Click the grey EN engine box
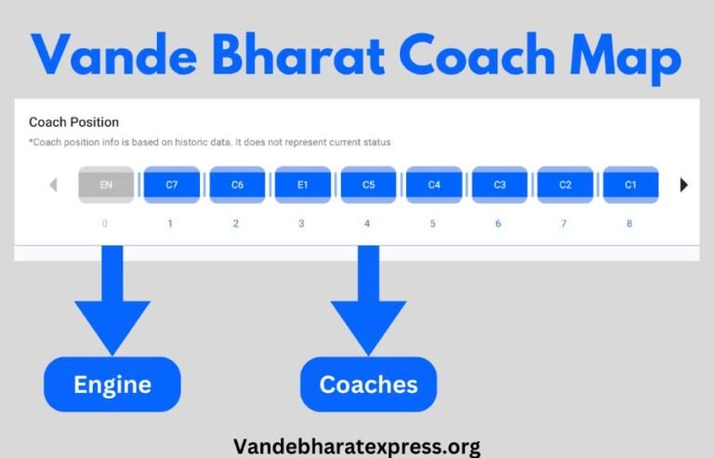coord(106,184)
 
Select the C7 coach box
coord(171,184)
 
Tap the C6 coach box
coord(237,184)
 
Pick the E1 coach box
coord(302,184)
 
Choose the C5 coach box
coord(368,184)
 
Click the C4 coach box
coord(434,184)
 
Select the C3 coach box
coord(499,184)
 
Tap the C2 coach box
coord(565,184)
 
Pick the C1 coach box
coord(630,184)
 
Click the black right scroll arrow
coord(684,184)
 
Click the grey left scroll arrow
coord(53,184)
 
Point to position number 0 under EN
coord(105,223)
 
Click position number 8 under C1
coord(629,223)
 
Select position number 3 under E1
coord(301,223)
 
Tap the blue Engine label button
coord(112,384)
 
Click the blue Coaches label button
coord(368,384)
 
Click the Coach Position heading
coord(73,122)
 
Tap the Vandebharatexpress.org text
coord(357,446)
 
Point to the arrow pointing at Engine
coord(112,303)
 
